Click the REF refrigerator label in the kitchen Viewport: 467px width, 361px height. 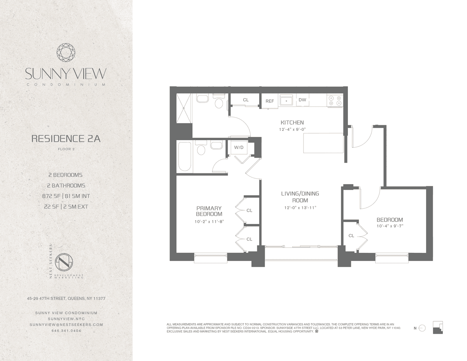[270, 101]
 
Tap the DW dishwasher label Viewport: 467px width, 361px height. [302, 100]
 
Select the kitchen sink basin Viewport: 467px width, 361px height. [286, 100]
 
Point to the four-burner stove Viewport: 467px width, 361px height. [335, 100]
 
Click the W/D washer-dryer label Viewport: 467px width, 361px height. [239, 148]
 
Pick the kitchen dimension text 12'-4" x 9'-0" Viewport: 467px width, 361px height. [292, 129]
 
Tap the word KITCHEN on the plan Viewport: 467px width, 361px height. [292, 123]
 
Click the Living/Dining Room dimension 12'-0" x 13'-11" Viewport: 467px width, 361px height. [300, 208]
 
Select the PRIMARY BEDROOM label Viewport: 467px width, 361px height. [209, 211]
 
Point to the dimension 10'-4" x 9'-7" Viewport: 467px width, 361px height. [390, 226]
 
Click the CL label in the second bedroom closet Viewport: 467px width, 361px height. [351, 236]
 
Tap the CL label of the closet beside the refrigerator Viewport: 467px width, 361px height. [246, 100]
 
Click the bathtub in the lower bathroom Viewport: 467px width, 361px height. [184, 156]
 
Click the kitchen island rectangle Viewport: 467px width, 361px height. [323, 143]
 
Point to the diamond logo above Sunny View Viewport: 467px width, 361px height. [66, 53]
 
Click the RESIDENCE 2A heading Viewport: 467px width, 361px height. [66, 139]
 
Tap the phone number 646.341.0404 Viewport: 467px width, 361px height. [66, 331]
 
